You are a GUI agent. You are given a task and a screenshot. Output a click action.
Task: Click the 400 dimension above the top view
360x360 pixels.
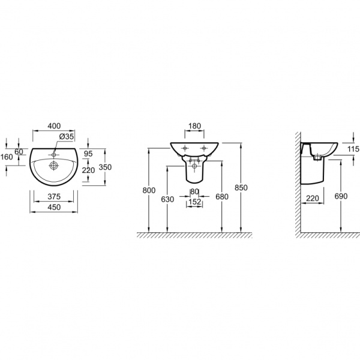[x=54, y=126]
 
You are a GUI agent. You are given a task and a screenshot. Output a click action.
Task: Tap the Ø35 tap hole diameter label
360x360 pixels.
[x=67, y=137]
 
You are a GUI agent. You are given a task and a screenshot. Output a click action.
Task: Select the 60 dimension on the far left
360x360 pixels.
[x=20, y=152]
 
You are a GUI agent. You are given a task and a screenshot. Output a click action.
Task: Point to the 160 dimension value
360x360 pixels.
[x=7, y=157]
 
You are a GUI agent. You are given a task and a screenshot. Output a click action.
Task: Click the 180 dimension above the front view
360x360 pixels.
[x=194, y=126]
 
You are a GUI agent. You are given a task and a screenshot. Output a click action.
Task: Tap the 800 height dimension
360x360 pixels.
[x=148, y=190]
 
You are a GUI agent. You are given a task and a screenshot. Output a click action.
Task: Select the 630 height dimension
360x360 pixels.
[x=167, y=199]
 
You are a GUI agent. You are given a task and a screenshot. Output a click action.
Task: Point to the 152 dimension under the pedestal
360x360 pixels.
[x=194, y=202]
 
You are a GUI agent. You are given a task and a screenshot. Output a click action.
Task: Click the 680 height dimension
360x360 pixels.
[x=222, y=196]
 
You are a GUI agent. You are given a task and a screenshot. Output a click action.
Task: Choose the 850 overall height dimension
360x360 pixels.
[x=241, y=187]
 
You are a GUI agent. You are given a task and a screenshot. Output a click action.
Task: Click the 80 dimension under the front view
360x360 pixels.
[x=194, y=192]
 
